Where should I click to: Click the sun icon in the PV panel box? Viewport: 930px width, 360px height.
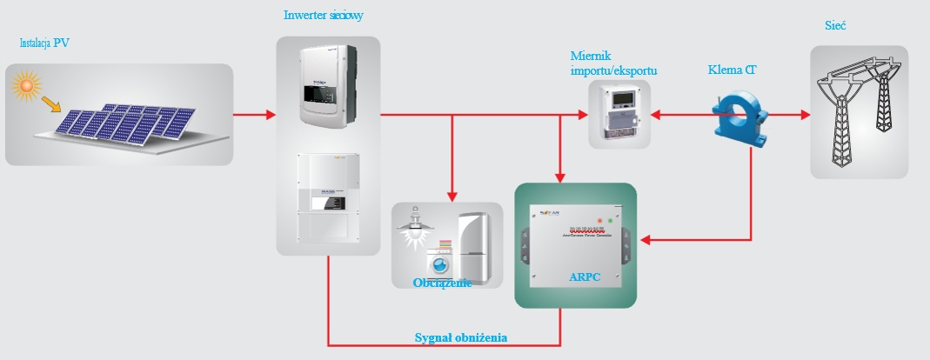(27, 85)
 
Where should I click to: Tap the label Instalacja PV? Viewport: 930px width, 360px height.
(45, 43)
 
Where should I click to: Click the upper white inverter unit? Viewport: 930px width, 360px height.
(328, 83)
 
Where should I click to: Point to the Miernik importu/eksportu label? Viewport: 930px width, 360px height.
(613, 62)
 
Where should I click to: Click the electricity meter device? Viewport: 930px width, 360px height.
(619, 113)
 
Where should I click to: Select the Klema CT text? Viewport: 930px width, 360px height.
(732, 69)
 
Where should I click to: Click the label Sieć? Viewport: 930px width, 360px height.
(836, 26)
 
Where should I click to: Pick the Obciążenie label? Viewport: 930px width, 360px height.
(443, 282)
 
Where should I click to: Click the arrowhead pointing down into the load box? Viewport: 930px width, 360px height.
(452, 196)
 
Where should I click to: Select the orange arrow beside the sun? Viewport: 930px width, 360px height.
(53, 105)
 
